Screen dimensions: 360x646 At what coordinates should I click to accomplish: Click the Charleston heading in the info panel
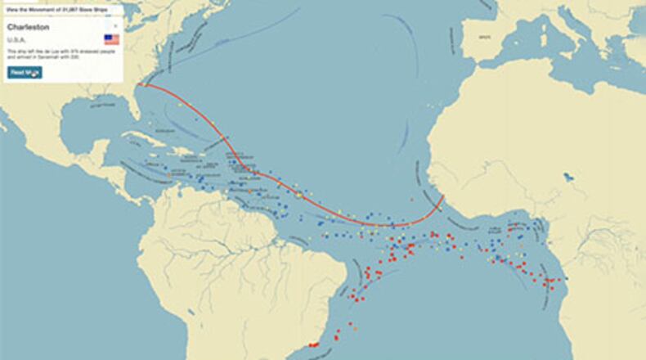(x=29, y=27)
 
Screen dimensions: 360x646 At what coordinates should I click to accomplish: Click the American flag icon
(x=111, y=39)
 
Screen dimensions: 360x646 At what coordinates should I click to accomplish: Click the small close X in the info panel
(x=115, y=26)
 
